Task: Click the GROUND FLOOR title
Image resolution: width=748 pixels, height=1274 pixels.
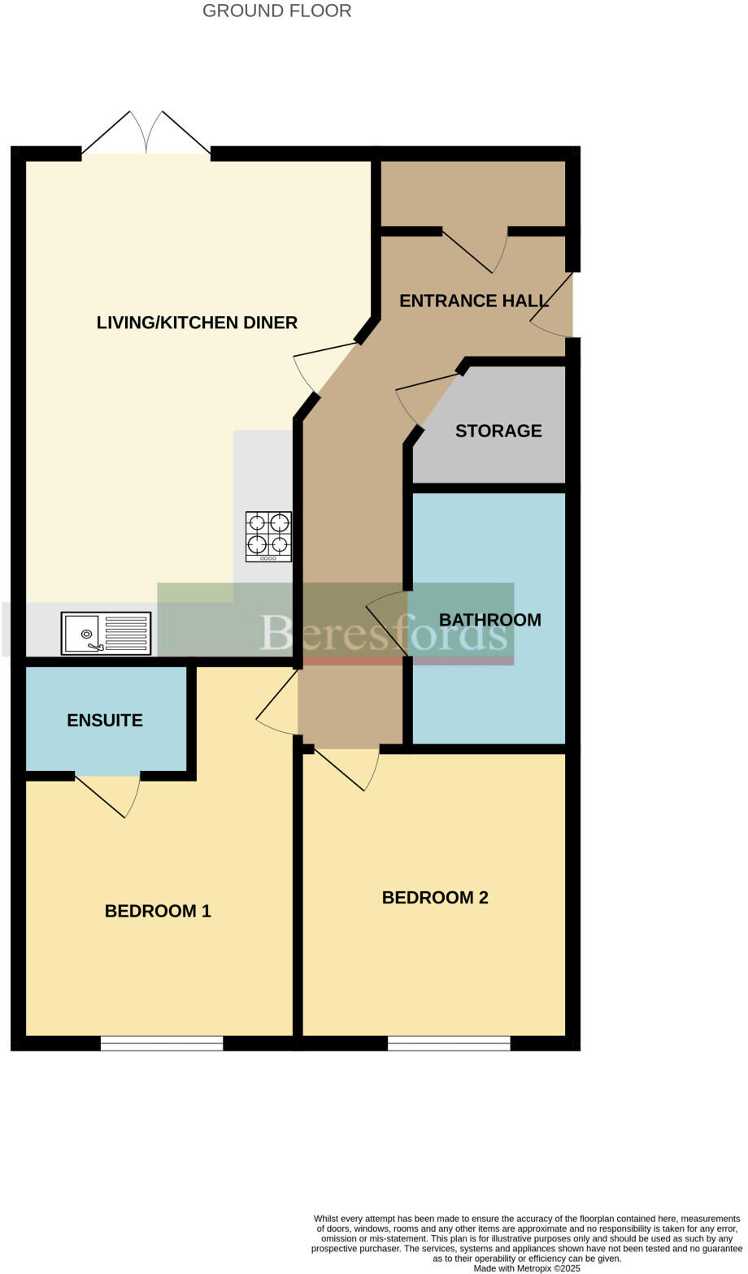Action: click(276, 11)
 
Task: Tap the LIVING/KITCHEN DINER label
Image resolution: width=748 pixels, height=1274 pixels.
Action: click(197, 323)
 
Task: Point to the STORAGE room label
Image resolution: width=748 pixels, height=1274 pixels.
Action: click(498, 431)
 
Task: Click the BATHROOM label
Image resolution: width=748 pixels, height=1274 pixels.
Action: click(489, 620)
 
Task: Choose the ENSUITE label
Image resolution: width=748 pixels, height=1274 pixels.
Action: click(105, 720)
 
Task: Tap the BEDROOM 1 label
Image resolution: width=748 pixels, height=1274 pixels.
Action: click(158, 911)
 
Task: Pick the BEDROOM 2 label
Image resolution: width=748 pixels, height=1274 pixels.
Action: click(435, 897)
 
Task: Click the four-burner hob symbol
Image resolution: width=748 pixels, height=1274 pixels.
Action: click(268, 536)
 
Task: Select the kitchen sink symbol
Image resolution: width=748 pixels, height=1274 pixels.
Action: click(106, 633)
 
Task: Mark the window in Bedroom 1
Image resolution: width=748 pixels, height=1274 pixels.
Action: click(162, 1043)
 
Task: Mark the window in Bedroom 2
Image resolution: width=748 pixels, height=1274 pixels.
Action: click(449, 1043)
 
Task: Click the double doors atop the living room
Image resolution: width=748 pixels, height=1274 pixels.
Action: click(146, 135)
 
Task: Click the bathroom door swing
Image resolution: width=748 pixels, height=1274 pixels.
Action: click(389, 622)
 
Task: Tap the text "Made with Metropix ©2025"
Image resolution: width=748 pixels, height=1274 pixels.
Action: click(527, 1267)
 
